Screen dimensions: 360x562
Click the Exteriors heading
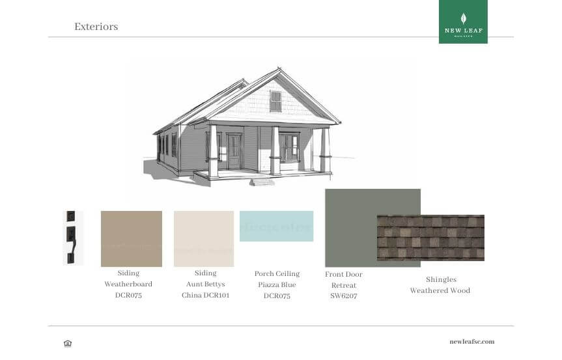click(x=96, y=27)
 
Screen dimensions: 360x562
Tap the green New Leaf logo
click(x=463, y=21)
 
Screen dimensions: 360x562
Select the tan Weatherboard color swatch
click(x=132, y=239)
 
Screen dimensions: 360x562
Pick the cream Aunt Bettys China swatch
click(x=204, y=239)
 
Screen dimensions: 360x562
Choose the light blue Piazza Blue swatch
click(x=276, y=226)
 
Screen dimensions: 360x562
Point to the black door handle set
click(x=72, y=238)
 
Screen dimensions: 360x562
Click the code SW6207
click(x=343, y=296)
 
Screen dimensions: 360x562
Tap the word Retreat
click(x=343, y=285)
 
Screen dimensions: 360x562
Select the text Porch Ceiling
click(x=277, y=274)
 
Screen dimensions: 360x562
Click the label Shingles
click(x=441, y=279)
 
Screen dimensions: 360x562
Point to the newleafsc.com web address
click(x=472, y=342)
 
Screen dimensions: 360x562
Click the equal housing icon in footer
click(x=68, y=343)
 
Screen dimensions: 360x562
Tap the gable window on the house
click(x=275, y=101)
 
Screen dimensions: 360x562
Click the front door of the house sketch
click(x=234, y=152)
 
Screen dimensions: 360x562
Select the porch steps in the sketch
click(x=262, y=182)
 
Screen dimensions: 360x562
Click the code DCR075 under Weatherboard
click(x=128, y=296)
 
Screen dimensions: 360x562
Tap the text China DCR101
click(x=205, y=296)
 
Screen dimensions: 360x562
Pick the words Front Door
click(x=343, y=275)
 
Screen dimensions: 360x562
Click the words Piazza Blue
click(x=277, y=284)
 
